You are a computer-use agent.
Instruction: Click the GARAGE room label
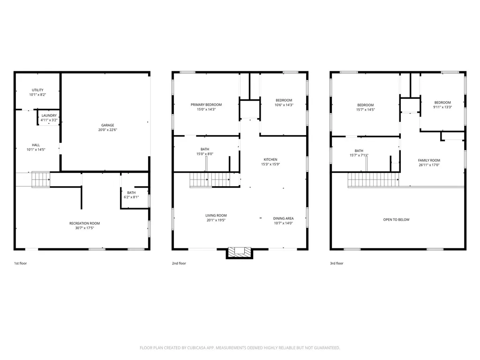click(108, 125)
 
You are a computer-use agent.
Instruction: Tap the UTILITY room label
click(37, 90)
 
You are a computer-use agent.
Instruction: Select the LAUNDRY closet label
click(49, 115)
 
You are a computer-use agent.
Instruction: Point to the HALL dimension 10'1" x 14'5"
click(36, 150)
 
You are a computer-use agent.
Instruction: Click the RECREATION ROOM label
click(84, 223)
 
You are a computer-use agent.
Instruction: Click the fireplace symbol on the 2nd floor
click(240, 253)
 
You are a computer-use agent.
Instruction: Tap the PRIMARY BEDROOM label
click(206, 105)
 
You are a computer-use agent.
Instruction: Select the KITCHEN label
click(270, 159)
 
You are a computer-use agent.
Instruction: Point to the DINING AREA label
click(284, 218)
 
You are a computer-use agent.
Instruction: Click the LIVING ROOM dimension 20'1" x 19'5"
click(216, 220)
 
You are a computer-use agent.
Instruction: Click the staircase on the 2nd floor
click(209, 180)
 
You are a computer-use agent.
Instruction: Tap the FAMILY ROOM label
click(429, 160)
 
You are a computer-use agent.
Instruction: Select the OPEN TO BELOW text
click(396, 219)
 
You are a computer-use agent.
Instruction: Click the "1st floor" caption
click(20, 263)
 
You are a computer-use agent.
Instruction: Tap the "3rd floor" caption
click(337, 263)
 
